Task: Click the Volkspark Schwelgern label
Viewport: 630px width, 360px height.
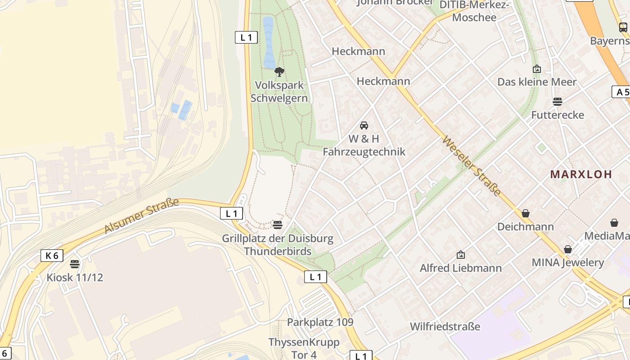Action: [x=279, y=91]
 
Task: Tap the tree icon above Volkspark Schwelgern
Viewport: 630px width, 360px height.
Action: [x=279, y=72]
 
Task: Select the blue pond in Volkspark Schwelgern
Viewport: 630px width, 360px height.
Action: [x=268, y=42]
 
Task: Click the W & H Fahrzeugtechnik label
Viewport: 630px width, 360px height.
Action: [x=364, y=145]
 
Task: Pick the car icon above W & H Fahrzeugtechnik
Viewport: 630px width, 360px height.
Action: [x=364, y=125]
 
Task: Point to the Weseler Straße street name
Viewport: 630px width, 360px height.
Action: [x=472, y=166]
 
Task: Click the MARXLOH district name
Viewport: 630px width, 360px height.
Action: [x=581, y=174]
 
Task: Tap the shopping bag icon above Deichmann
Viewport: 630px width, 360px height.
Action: [x=525, y=213]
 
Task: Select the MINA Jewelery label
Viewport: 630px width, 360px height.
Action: [x=567, y=262]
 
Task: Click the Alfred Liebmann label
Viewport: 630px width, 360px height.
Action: [x=460, y=268]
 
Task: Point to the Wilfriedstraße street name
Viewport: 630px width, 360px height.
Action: [x=445, y=326]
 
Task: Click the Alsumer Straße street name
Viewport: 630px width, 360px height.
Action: [x=141, y=216]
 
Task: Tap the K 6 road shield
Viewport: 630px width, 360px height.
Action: [x=52, y=256]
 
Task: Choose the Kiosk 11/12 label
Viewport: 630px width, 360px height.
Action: [x=75, y=277]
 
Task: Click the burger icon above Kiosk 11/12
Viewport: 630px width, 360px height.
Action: [x=75, y=264]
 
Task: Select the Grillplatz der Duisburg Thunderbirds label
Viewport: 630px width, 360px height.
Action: [x=278, y=244]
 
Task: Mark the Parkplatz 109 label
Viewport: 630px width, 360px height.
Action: [x=320, y=322]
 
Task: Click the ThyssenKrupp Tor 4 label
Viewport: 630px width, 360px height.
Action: [x=304, y=348]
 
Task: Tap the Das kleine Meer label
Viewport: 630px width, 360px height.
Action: [x=536, y=82]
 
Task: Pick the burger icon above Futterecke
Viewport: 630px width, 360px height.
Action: [x=558, y=102]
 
